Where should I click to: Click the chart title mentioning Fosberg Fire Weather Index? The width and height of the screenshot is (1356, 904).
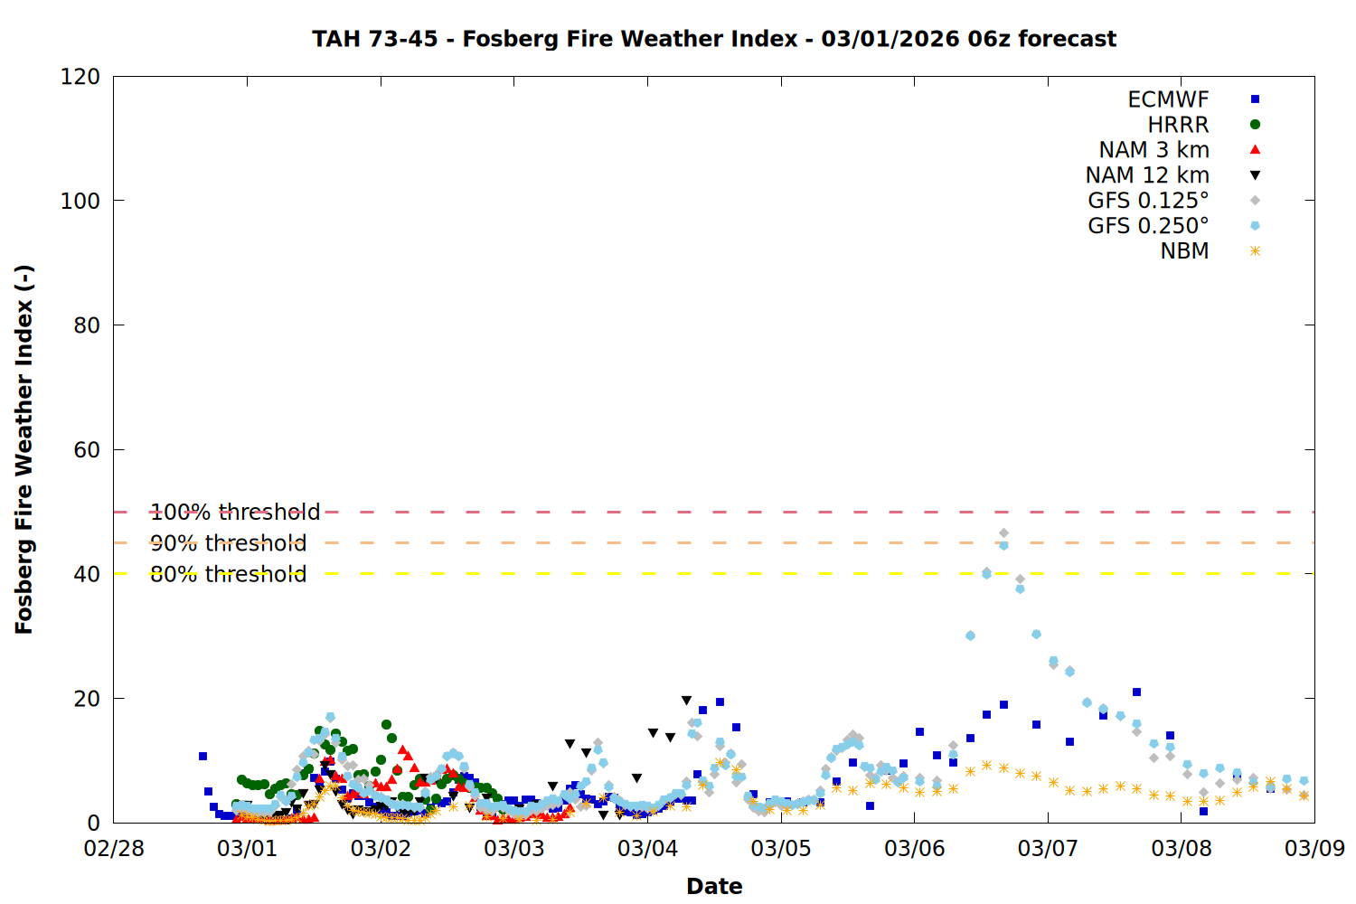pyautogui.click(x=714, y=39)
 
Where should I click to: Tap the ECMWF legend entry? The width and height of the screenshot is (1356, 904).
pyautogui.click(x=1168, y=99)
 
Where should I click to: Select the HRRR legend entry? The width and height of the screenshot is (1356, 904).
pyautogui.click(x=1178, y=125)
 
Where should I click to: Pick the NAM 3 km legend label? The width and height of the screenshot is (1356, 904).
pyautogui.click(x=1154, y=150)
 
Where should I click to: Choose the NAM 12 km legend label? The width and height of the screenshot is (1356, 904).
pyautogui.click(x=1147, y=175)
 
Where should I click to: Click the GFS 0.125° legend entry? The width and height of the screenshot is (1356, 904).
pyautogui.click(x=1148, y=201)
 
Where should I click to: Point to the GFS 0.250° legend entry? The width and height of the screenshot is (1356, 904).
pyautogui.click(x=1148, y=226)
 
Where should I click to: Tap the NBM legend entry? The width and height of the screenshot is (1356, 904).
pyautogui.click(x=1184, y=251)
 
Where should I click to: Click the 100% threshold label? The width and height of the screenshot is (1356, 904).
pyautogui.click(x=235, y=513)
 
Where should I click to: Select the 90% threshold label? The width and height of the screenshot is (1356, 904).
pyautogui.click(x=228, y=543)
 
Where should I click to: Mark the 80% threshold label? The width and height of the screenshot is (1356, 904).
pyautogui.click(x=228, y=574)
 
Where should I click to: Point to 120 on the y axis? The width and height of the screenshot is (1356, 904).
pyautogui.click(x=80, y=77)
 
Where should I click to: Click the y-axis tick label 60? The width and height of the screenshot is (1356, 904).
pyautogui.click(x=87, y=449)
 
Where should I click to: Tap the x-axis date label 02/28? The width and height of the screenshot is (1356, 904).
pyautogui.click(x=114, y=849)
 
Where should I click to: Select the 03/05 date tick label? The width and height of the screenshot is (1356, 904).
pyautogui.click(x=781, y=849)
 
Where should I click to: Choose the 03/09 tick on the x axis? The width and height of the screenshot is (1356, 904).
pyautogui.click(x=1314, y=849)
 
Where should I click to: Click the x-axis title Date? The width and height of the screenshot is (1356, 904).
pyautogui.click(x=714, y=886)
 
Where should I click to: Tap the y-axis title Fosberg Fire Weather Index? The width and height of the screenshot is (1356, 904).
pyautogui.click(x=24, y=449)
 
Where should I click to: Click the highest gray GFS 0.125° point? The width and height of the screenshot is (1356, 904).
pyautogui.click(x=1003, y=533)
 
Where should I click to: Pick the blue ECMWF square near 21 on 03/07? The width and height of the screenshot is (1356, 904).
pyautogui.click(x=1136, y=692)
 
